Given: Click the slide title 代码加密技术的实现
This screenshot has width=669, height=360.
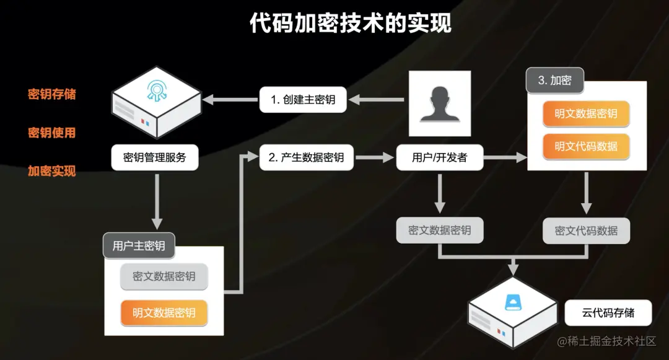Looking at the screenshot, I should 351,23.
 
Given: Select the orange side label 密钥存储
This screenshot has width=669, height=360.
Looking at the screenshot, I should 52,94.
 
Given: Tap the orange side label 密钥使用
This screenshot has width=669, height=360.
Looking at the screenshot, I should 52,133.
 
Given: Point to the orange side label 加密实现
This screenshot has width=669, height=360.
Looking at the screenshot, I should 52,171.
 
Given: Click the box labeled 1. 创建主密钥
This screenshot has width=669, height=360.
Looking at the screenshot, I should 303,99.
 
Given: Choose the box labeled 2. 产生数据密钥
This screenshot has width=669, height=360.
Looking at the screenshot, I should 306,157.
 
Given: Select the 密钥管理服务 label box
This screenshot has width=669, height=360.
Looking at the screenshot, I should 155,157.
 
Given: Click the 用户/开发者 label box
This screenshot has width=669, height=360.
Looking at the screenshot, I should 439,157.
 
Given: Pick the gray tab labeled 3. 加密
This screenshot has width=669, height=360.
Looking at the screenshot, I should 554,80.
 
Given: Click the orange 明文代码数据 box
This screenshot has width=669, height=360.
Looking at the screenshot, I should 586,146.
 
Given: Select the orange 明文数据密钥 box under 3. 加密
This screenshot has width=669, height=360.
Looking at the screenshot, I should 586,113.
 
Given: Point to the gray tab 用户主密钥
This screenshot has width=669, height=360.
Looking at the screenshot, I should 139,246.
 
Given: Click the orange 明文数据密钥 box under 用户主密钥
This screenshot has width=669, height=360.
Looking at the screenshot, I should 164,313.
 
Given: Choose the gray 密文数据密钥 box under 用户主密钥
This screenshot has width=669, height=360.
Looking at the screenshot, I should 164,276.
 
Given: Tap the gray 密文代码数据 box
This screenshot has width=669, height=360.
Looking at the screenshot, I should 586,230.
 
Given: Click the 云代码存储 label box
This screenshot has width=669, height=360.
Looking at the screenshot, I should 608,313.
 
